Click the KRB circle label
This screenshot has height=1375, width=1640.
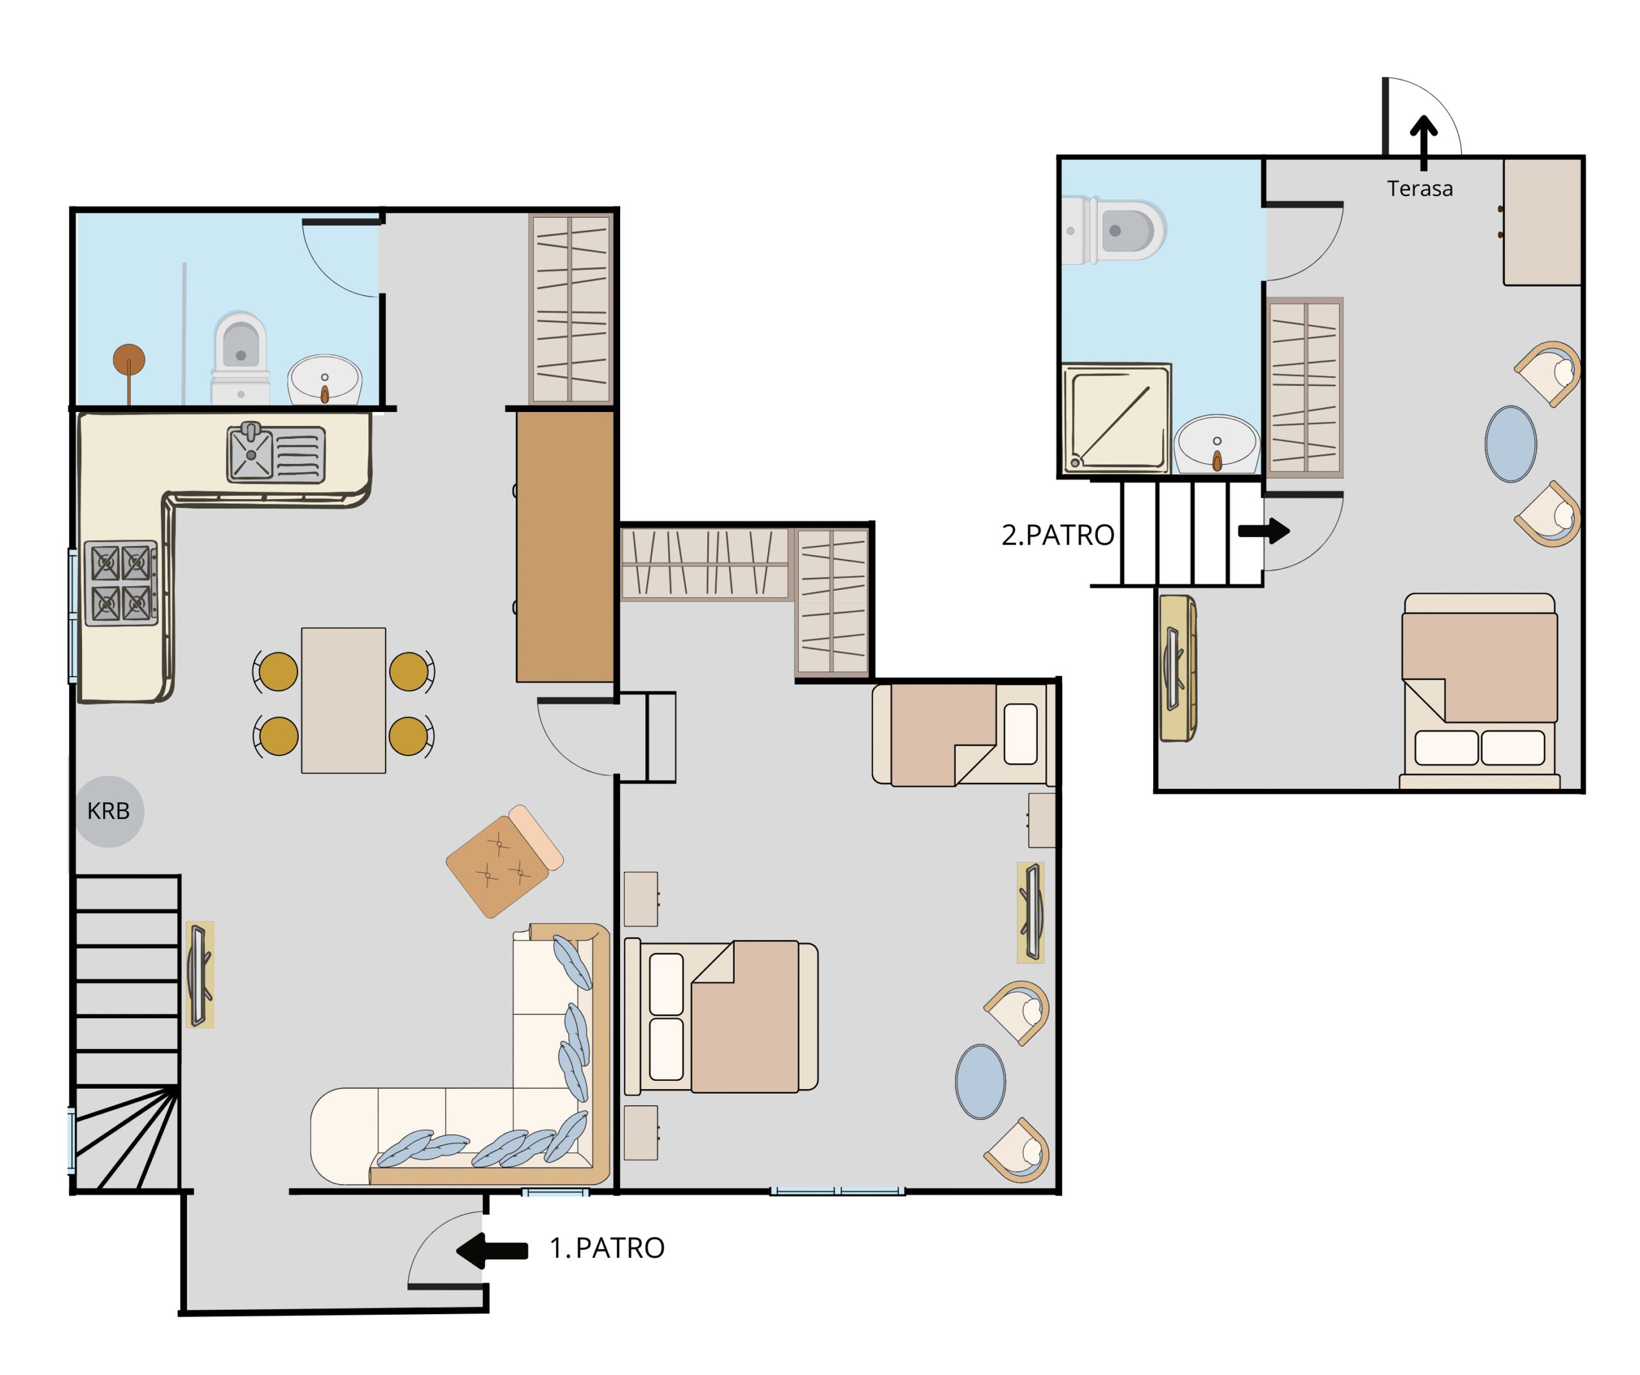(108, 812)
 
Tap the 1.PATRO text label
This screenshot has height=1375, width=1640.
(607, 1247)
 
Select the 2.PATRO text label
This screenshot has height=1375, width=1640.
(1058, 535)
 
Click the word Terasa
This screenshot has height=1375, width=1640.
(1420, 189)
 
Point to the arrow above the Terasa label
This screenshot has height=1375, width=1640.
(1423, 143)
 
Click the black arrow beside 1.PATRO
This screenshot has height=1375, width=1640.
(492, 1250)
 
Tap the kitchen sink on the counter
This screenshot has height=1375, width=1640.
(275, 453)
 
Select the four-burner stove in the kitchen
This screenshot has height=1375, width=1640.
(121, 584)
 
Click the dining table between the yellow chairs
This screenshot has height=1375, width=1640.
(343, 701)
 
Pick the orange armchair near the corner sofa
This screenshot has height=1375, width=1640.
(505, 861)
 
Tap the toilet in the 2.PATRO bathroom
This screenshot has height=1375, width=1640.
(1113, 231)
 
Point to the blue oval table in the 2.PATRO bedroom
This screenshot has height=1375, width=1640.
(1511, 444)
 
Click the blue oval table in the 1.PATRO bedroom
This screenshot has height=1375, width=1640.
(980, 1082)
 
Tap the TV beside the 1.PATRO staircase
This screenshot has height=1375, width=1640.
(200, 974)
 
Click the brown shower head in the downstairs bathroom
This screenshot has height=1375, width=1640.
(129, 360)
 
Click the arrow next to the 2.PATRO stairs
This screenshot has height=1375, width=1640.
(1263, 531)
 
